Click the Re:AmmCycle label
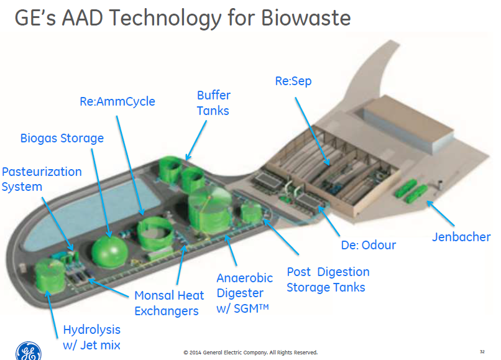click(x=117, y=101)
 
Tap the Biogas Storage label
click(x=62, y=137)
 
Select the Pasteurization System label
click(x=41, y=179)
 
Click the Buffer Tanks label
click(x=213, y=103)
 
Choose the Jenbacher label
click(x=461, y=237)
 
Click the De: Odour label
click(x=369, y=245)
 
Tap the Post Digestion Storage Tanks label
click(x=328, y=280)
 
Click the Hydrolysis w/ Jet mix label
click(x=92, y=337)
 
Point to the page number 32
click(x=482, y=351)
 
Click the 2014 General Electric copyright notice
click(x=251, y=353)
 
